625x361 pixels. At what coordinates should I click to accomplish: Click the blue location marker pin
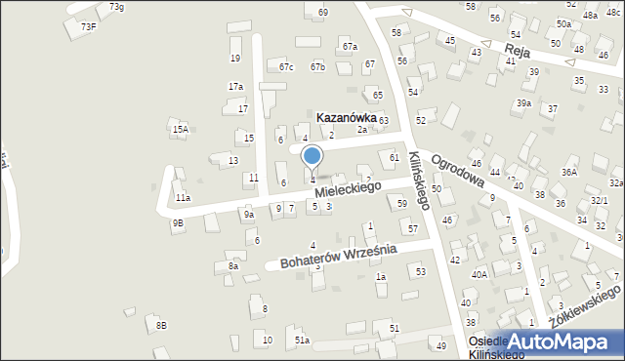coord(312,156)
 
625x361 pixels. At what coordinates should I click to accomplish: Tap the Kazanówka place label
coord(346,116)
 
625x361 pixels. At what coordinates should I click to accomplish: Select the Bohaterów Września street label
coord(338,257)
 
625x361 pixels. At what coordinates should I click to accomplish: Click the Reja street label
coord(517,50)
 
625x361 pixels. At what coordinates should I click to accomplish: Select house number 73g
coord(116,8)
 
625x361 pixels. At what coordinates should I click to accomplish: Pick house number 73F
coord(88,26)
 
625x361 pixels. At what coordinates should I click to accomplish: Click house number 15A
coord(180,129)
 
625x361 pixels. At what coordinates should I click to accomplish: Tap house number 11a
coord(183,198)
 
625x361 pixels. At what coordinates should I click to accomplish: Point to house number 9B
coord(177,222)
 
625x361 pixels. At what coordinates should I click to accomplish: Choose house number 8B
coord(161,324)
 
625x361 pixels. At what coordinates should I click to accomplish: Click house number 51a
coord(303,340)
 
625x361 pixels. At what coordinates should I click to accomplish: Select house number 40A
coord(479,275)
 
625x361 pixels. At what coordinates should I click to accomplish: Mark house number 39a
coord(524,103)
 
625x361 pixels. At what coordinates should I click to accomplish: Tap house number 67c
coord(286,67)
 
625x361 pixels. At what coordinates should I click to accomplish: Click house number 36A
coord(568,172)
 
